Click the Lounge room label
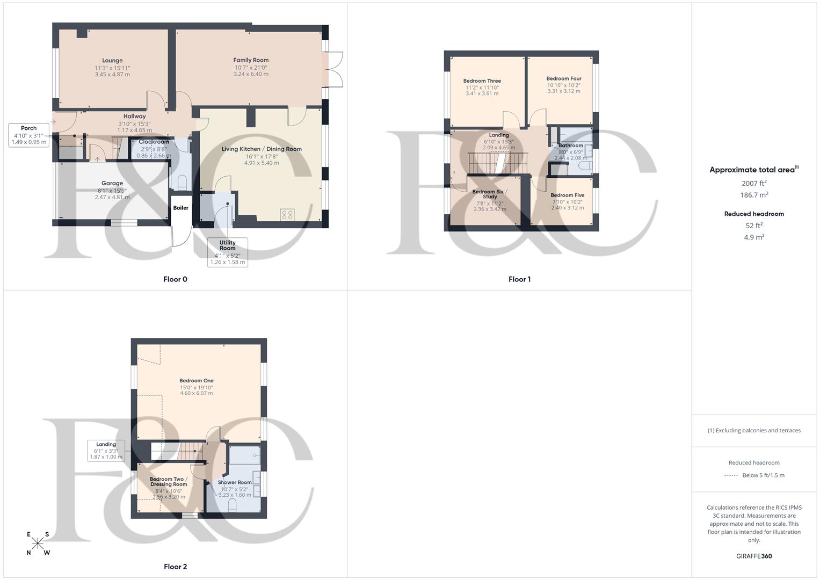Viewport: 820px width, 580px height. tap(112, 61)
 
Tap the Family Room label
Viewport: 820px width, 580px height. tap(251, 60)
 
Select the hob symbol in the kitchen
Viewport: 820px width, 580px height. tap(287, 215)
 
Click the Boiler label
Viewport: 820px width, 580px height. tap(181, 208)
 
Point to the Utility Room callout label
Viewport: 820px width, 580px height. tap(228, 245)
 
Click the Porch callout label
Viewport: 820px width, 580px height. tap(29, 128)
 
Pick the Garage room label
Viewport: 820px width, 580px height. tap(112, 184)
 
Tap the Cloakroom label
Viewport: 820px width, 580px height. tap(154, 142)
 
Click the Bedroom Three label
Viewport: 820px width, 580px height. tap(482, 81)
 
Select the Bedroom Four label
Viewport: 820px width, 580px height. tap(564, 78)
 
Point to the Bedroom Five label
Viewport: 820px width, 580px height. tap(567, 195)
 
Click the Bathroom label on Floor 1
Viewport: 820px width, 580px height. tap(570, 146)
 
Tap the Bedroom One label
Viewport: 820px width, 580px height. tap(197, 381)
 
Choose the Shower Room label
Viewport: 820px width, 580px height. tap(235, 482)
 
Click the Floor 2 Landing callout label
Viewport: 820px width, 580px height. tap(106, 445)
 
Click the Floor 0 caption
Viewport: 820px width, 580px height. tap(175, 279)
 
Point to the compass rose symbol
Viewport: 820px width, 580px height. tap(38, 543)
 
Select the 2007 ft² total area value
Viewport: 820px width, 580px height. tap(754, 184)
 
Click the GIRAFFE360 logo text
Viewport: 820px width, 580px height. tap(754, 556)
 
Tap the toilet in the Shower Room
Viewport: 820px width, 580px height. tap(233, 505)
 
